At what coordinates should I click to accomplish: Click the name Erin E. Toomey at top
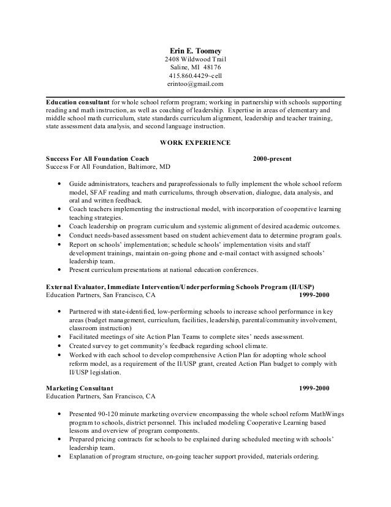[195, 50]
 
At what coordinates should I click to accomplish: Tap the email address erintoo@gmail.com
[195, 84]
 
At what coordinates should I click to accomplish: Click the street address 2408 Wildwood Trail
[195, 59]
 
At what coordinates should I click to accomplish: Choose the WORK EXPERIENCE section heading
[195, 143]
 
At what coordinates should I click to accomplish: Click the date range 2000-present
[272, 158]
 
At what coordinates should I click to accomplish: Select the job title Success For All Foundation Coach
[97, 158]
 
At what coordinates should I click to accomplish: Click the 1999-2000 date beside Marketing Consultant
[314, 389]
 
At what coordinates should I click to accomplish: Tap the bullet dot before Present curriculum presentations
[58, 269]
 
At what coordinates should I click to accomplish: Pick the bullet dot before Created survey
[58, 346]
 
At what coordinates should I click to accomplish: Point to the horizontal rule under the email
[195, 95]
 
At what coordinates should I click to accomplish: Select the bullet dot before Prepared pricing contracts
[58, 439]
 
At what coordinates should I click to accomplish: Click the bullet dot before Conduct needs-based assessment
[58, 235]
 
